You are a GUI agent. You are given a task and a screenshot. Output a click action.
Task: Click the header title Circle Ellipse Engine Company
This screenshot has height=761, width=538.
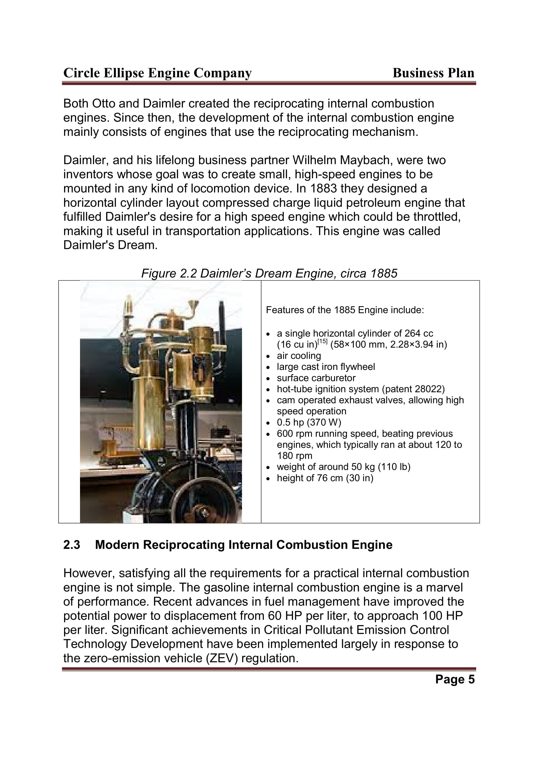(x=157, y=73)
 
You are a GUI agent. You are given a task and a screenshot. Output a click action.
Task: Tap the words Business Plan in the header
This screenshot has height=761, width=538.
(x=433, y=73)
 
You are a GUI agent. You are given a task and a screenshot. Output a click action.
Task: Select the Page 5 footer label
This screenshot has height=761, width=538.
(x=454, y=679)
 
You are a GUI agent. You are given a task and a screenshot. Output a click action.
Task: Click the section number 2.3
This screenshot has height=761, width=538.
(x=72, y=545)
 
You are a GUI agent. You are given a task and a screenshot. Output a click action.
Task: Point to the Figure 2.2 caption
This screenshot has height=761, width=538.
(x=269, y=273)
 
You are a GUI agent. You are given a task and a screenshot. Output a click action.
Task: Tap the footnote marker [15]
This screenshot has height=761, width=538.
(x=322, y=342)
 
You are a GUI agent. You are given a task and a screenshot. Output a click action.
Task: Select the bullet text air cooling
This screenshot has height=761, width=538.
(x=299, y=356)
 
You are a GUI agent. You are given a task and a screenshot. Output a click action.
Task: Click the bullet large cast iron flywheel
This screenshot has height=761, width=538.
(x=326, y=367)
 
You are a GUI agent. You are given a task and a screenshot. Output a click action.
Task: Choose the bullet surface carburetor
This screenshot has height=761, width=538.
(x=316, y=378)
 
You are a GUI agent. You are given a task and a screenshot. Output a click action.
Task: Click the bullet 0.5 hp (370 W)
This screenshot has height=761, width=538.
(x=309, y=422)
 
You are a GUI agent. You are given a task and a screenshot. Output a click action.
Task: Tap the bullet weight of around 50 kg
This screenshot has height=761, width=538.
(x=343, y=467)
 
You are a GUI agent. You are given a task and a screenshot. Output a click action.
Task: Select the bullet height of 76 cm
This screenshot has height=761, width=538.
(x=325, y=478)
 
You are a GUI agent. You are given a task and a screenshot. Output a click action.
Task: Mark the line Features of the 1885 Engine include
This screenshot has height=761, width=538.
(x=345, y=310)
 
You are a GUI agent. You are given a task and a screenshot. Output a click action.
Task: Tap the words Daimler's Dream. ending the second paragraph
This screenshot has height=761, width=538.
(x=110, y=245)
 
